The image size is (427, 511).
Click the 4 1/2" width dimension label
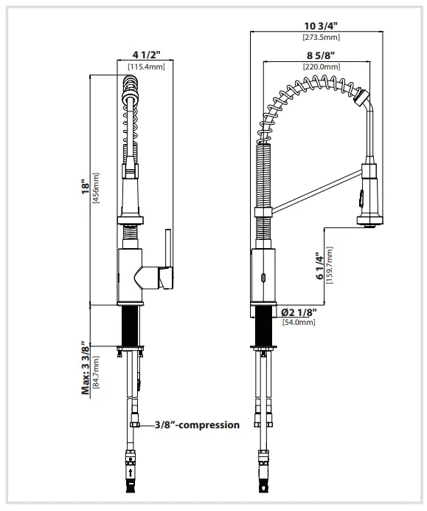pos(145,54)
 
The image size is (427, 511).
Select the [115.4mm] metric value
pos(145,66)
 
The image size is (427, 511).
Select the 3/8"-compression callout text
pos(197,425)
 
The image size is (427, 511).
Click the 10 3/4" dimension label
pos(320,26)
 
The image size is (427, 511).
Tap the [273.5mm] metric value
pos(320,37)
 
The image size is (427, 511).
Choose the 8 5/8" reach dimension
pos(320,55)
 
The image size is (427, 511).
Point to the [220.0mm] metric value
pos(320,66)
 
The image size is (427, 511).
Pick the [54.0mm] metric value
pos(298,322)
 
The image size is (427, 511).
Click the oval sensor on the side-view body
pos(260,278)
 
